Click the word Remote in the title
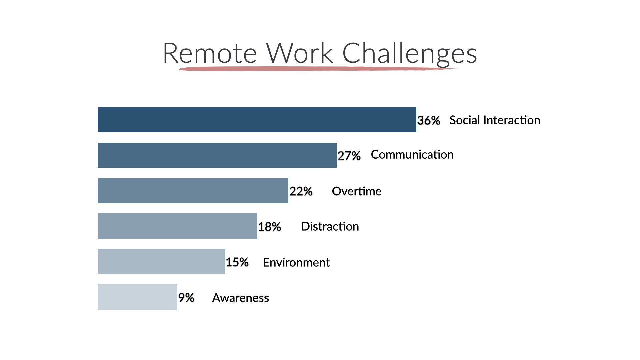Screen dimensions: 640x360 coord(210,53)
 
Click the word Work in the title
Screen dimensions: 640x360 coord(299,53)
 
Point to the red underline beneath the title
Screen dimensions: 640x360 coord(318,69)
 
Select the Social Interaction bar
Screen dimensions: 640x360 coord(257,120)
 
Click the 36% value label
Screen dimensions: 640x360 coord(429,120)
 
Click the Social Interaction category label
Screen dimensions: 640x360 coord(495,120)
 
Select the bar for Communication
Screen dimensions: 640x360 coord(217,155)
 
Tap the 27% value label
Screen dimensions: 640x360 coord(349,156)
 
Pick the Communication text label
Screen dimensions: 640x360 coord(412,155)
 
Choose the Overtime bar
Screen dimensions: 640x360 coord(193,191)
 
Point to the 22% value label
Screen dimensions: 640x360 coord(301,191)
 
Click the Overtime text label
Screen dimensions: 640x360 coord(357,191)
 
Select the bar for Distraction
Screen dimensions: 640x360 coord(177,226)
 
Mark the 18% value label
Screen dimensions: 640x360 coord(270,227)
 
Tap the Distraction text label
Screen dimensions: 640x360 coord(330,227)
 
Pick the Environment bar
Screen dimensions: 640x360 coord(161,261)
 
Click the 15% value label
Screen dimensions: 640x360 coord(237,262)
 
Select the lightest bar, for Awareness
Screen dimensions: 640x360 coord(137,297)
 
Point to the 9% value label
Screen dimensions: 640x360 coord(186,298)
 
